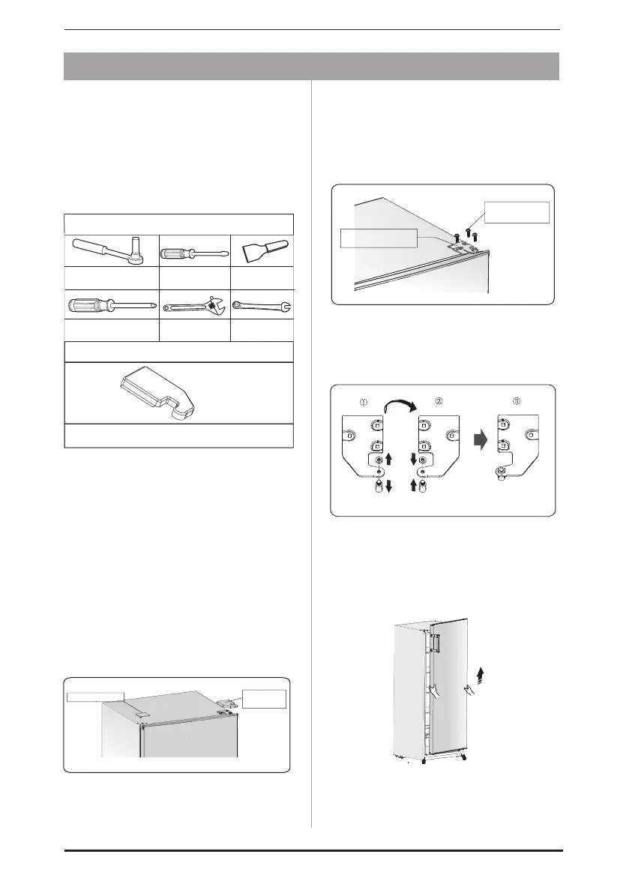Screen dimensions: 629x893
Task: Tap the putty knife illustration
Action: [x=262, y=250]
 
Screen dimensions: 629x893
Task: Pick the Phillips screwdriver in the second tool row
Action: [x=112, y=304]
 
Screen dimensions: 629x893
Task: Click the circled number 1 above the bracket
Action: [x=364, y=401]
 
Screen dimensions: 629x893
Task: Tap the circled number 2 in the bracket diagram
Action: [x=439, y=401]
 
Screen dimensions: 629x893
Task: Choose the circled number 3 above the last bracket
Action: [x=517, y=401]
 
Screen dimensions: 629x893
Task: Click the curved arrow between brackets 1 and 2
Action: [x=400, y=404]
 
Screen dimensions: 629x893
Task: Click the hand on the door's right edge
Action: [x=469, y=691]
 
